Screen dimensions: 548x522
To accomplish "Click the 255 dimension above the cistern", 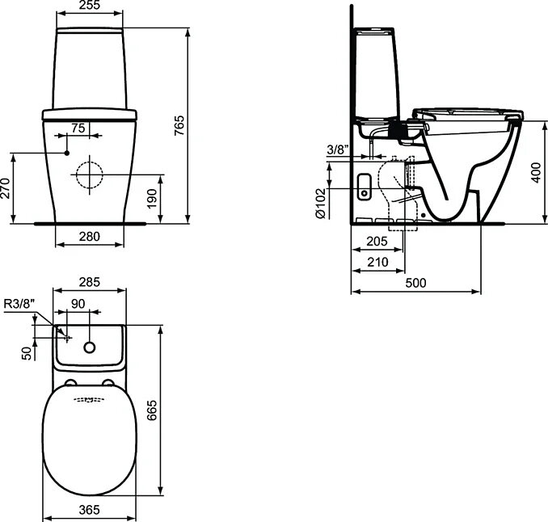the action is point(90,5).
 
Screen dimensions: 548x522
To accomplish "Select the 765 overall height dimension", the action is point(179,125).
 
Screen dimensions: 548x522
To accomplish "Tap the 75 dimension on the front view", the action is point(78,128).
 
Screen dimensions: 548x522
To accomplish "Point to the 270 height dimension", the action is point(5,188).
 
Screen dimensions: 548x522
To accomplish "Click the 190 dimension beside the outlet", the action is point(152,199).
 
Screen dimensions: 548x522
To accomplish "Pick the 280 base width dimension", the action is point(90,237).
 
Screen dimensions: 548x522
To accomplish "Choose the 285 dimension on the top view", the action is point(90,282).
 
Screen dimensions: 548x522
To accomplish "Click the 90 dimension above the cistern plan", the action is point(78,304).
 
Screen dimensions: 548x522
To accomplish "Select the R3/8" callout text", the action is point(19,304).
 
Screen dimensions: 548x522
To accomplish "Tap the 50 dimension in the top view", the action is point(27,353).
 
